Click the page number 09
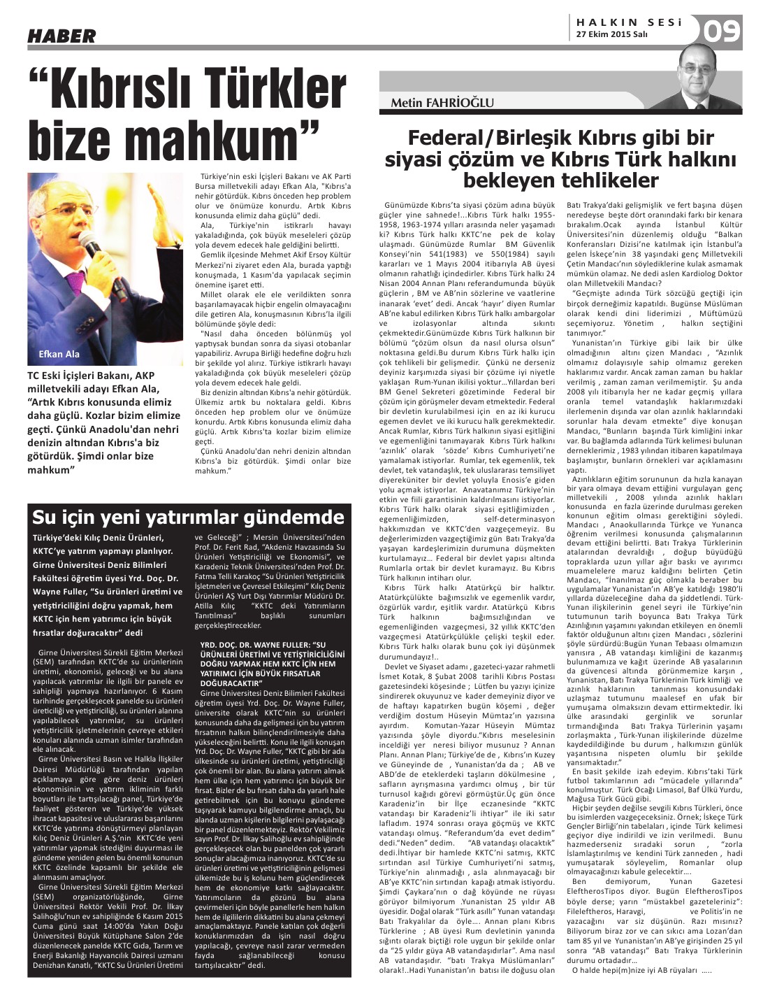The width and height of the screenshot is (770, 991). click(721, 30)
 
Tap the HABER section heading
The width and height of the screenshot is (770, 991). click(61, 35)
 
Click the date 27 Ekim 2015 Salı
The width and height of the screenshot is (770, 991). click(612, 34)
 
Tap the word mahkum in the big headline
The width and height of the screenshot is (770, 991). click(231, 141)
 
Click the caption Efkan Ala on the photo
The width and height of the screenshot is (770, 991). click(60, 354)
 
